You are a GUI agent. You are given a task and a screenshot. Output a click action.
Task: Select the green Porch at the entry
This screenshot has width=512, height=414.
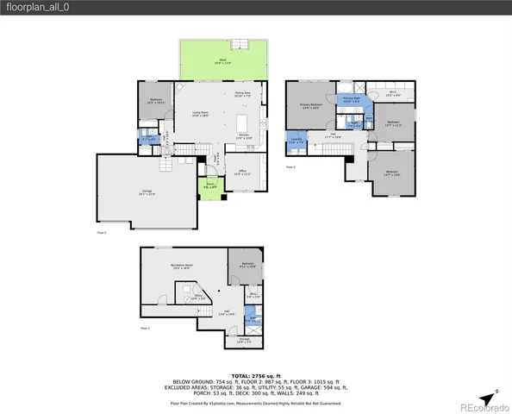click(210, 188)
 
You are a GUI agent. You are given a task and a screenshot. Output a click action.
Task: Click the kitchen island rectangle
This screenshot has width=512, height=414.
click(241, 121)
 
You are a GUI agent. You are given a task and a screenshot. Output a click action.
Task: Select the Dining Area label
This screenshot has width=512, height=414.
click(242, 94)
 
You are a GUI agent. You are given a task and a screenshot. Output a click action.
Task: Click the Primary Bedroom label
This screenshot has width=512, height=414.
click(310, 107)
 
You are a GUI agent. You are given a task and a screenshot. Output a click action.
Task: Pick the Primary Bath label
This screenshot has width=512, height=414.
click(351, 99)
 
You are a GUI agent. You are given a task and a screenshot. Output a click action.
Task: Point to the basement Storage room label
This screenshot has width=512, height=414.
click(245, 341)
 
